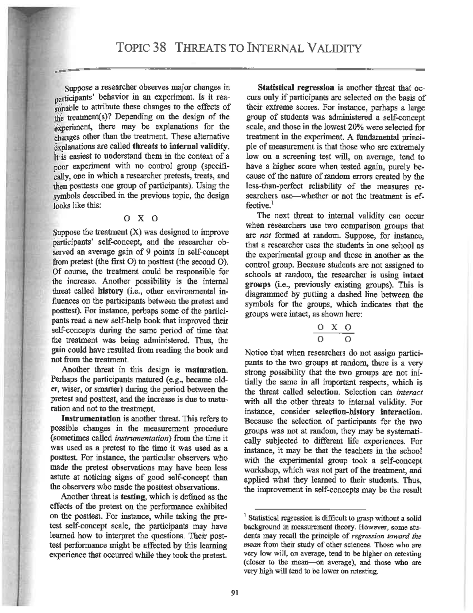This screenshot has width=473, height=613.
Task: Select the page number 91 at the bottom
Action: (x=236, y=592)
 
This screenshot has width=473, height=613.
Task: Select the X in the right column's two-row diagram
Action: (x=333, y=327)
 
